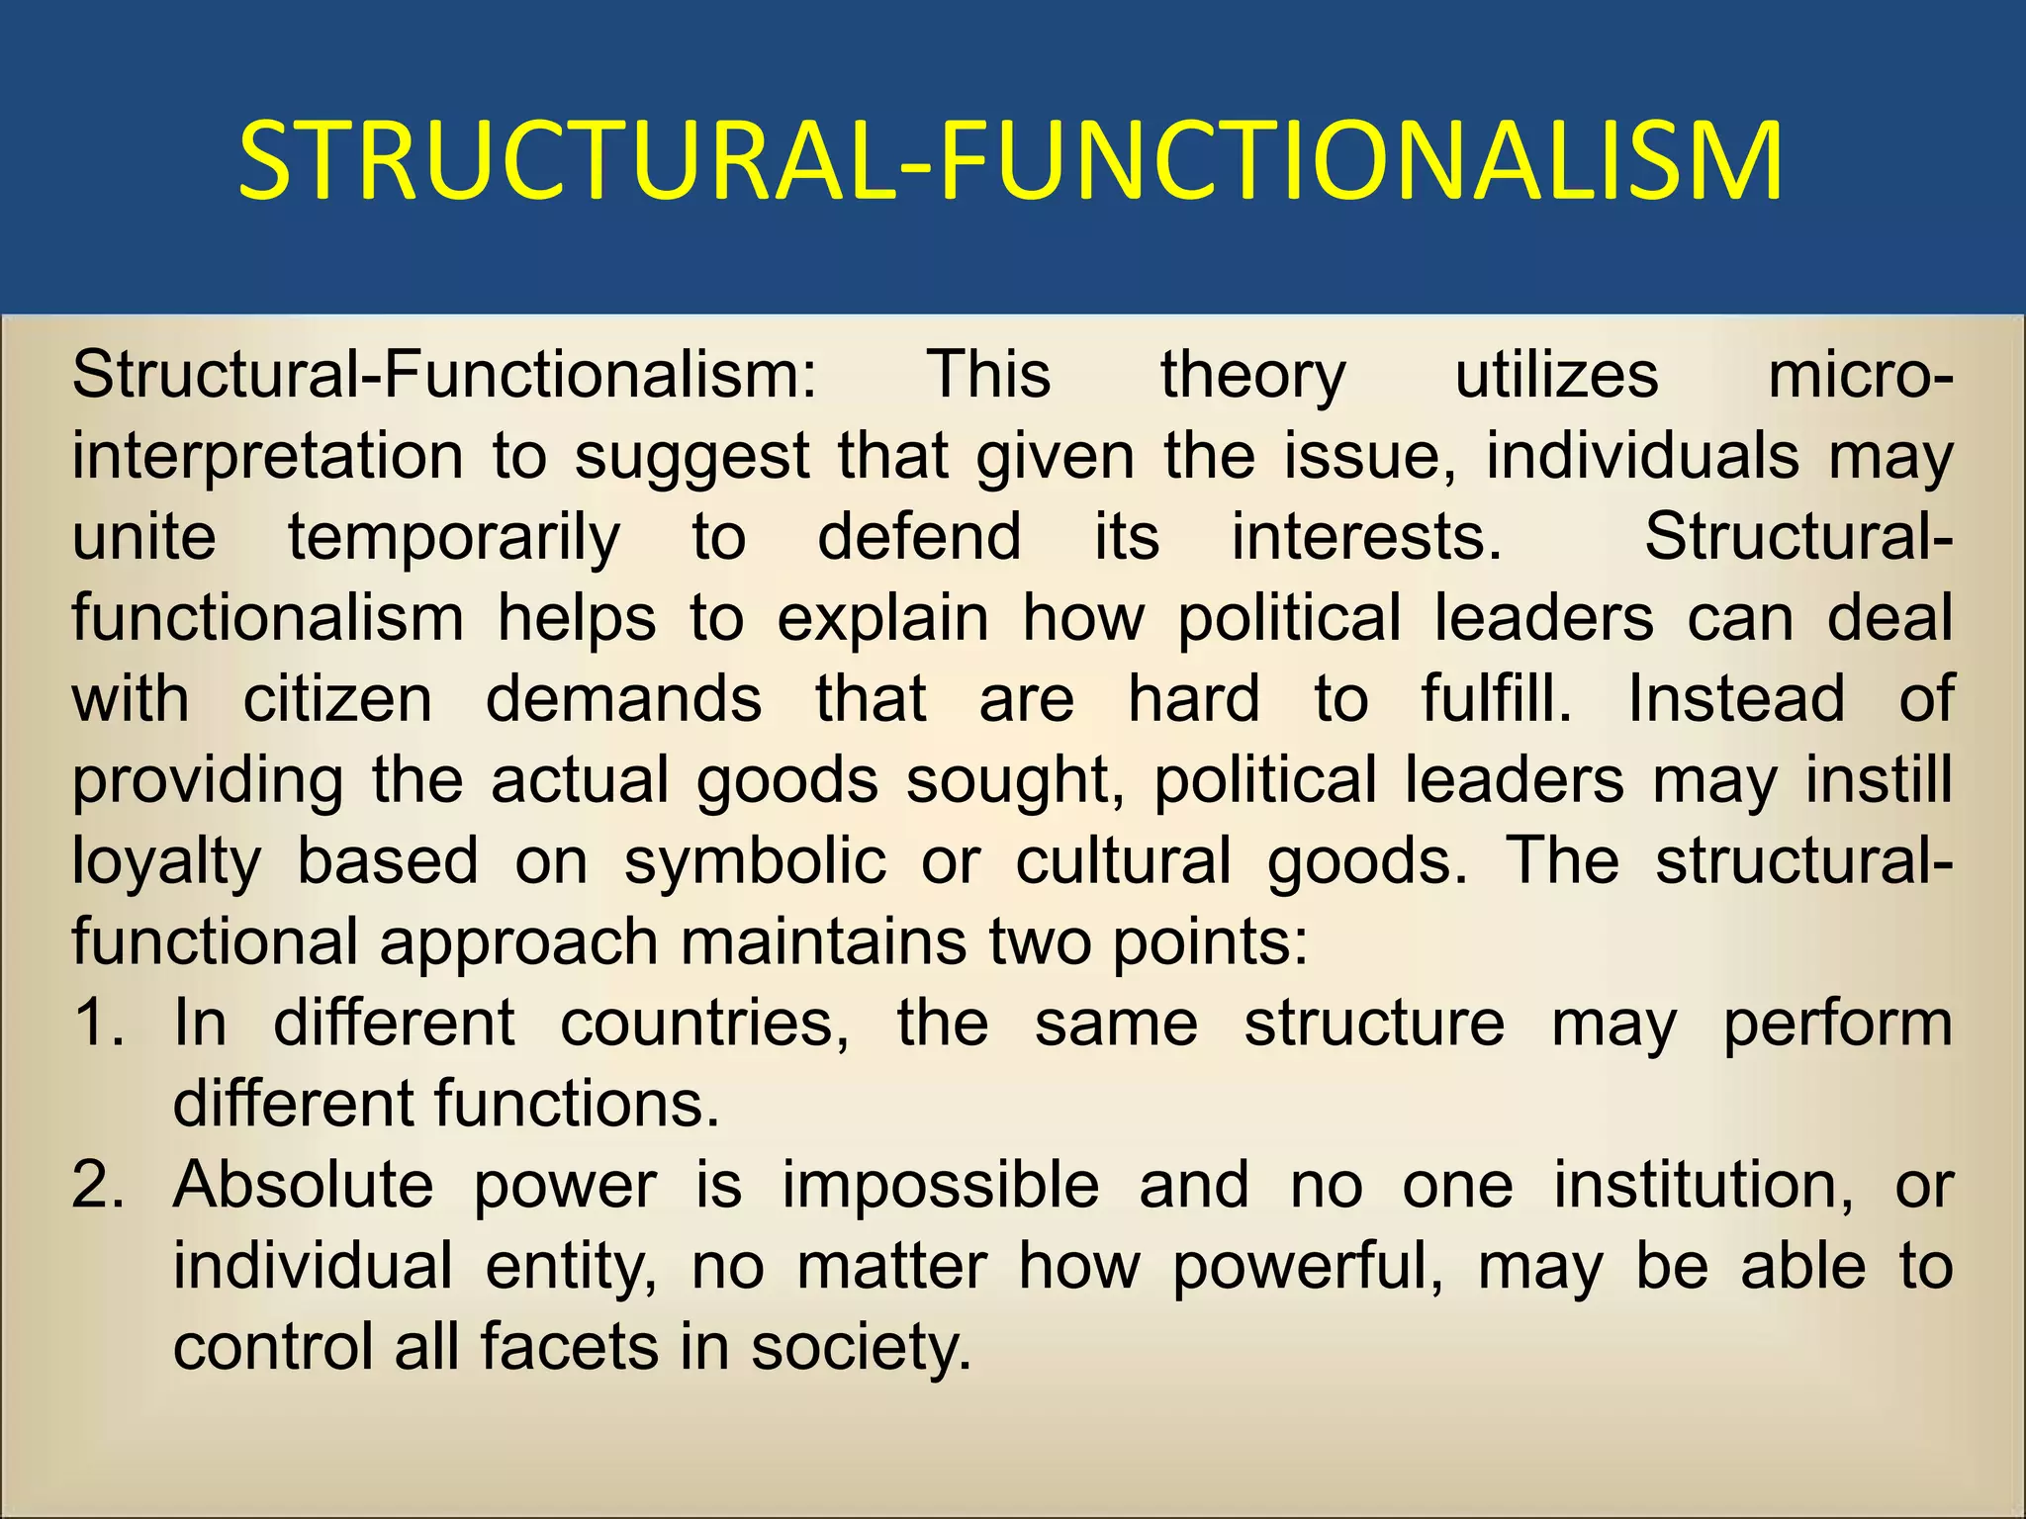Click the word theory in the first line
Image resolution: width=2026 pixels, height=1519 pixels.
point(1252,376)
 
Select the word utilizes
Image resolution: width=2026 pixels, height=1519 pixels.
point(1556,376)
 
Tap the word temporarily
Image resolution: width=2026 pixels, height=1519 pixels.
point(454,538)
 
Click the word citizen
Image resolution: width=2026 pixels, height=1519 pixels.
point(337,699)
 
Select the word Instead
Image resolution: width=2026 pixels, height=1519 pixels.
point(1736,699)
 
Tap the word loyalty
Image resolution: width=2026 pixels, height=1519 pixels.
point(166,861)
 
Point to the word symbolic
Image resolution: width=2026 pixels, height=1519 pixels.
point(755,861)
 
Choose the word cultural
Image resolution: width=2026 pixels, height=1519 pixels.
point(1123,861)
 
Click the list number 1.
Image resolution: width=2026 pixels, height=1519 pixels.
point(98,1023)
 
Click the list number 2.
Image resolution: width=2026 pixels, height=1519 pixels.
point(98,1185)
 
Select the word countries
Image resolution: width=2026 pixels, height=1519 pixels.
point(704,1023)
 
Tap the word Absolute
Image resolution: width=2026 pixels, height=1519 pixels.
point(303,1185)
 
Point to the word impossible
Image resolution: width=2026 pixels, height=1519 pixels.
point(940,1185)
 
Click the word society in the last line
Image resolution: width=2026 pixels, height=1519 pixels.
point(861,1347)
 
